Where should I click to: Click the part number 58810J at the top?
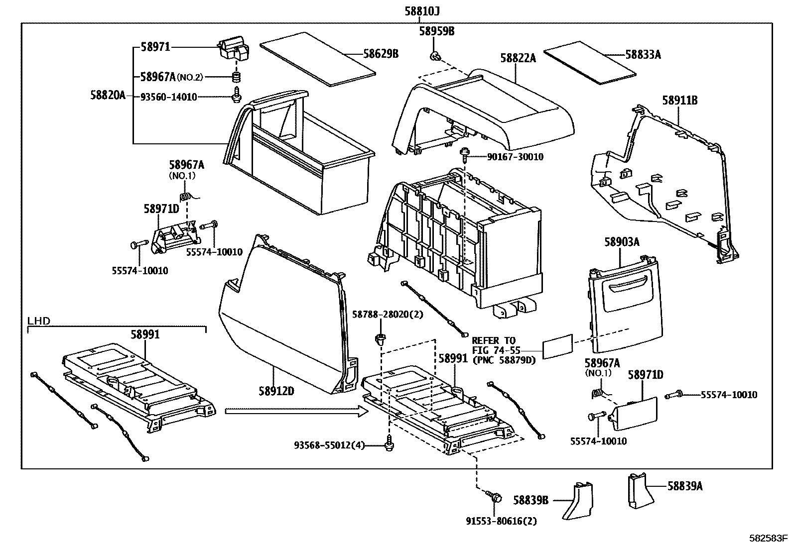click(422, 11)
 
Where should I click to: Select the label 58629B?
click(381, 54)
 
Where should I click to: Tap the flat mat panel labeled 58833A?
click(590, 63)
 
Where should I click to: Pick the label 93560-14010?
click(168, 97)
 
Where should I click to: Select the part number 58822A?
click(518, 58)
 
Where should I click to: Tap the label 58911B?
click(680, 101)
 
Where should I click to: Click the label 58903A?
click(622, 242)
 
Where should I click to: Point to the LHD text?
click(39, 321)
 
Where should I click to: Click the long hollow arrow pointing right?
click(297, 411)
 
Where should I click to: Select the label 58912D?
click(276, 391)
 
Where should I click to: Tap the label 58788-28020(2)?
click(388, 314)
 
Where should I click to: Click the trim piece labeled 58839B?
click(578, 500)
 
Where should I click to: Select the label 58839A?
click(685, 486)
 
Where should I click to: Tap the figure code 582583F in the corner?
click(771, 538)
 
